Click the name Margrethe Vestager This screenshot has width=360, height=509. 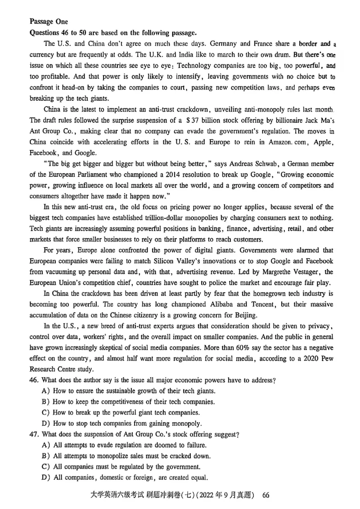[288, 272]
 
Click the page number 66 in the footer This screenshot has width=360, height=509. [265, 495]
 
